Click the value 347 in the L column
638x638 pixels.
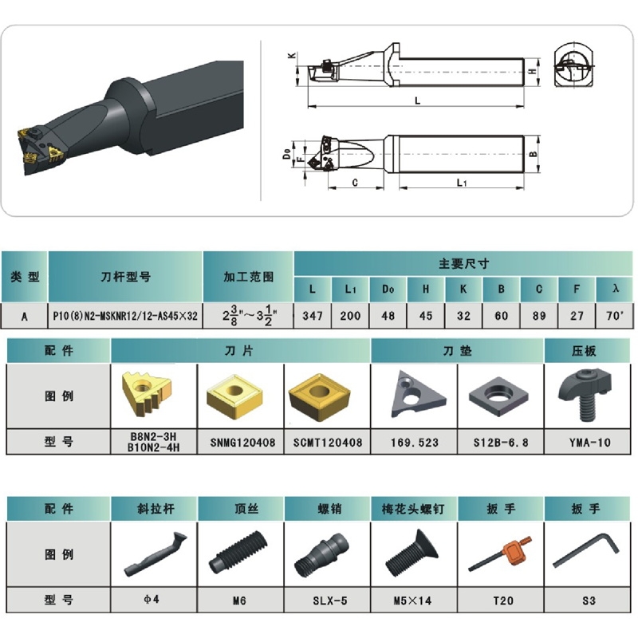pos(313,315)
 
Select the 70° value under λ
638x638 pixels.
pos(614,315)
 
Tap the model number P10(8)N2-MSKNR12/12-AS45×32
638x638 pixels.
pos(125,315)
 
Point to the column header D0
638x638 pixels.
pos(388,289)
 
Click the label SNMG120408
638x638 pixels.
pos(242,443)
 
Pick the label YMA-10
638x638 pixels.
pos(589,443)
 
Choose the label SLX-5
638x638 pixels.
pos(330,601)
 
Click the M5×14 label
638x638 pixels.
pos(412,601)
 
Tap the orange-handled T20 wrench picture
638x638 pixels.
pos(500,553)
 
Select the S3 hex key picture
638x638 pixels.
pos(586,550)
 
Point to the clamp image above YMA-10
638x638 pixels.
pos(585,394)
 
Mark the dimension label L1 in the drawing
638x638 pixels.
pos(462,183)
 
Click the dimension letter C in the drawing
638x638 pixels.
pos(355,183)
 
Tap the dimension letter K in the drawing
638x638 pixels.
pos(292,55)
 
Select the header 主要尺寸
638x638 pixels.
pos(464,264)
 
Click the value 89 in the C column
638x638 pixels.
pos(539,315)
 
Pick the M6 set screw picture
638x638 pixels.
pos(238,552)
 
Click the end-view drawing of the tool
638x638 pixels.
pos(574,65)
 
